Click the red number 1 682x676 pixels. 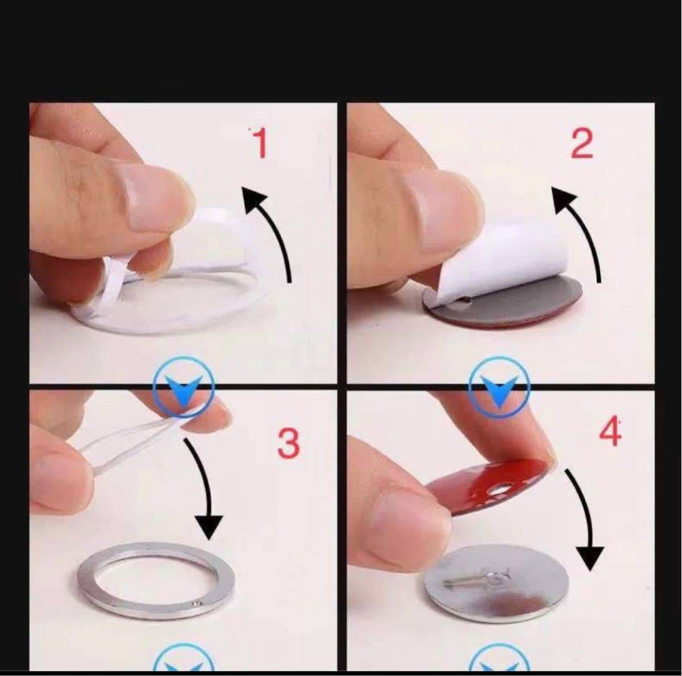click(260, 143)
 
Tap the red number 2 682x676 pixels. click(582, 143)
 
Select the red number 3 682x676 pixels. click(289, 443)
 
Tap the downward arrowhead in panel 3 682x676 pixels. click(209, 527)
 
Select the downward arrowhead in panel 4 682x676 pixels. click(590, 558)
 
